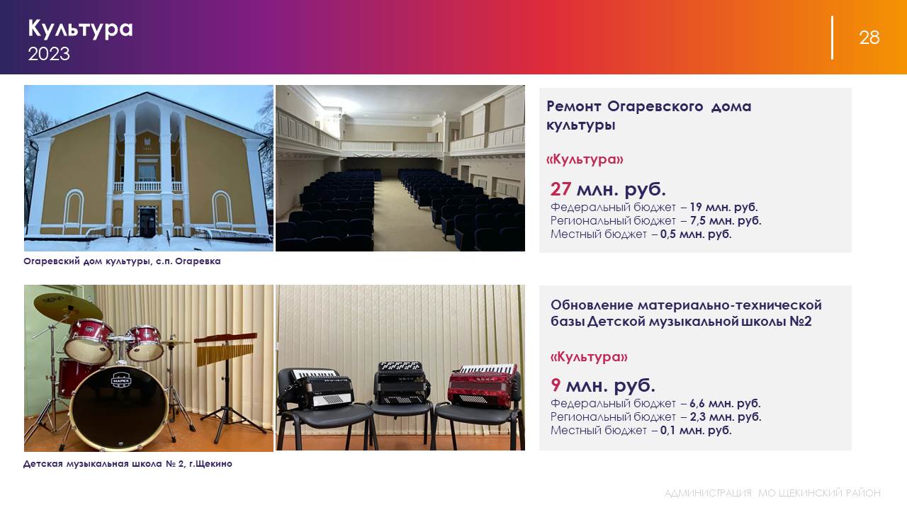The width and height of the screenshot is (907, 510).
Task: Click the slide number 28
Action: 869,38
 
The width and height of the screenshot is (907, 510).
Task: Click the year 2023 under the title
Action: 49,54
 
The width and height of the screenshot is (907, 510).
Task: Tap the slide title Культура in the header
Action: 80,29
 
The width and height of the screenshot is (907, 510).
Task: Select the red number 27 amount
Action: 560,188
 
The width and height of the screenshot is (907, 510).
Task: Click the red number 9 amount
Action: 556,385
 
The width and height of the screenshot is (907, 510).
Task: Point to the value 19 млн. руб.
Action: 723,208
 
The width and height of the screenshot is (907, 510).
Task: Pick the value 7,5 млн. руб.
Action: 726,220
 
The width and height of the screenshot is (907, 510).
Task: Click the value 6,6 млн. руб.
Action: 725,403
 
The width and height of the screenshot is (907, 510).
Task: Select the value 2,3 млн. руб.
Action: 725,416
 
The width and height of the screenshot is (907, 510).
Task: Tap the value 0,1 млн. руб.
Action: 696,430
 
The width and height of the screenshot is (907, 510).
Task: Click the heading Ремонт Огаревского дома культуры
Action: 648,115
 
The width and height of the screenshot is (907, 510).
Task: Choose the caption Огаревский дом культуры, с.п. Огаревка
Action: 122,261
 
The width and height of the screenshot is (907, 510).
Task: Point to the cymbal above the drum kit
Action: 68,307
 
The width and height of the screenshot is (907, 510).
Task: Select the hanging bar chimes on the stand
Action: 225,349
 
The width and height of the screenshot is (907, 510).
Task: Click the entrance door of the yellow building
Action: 147,222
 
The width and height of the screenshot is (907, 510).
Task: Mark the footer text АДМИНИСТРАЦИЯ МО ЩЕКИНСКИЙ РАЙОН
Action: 772,493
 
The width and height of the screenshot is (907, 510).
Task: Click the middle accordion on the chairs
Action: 401,382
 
